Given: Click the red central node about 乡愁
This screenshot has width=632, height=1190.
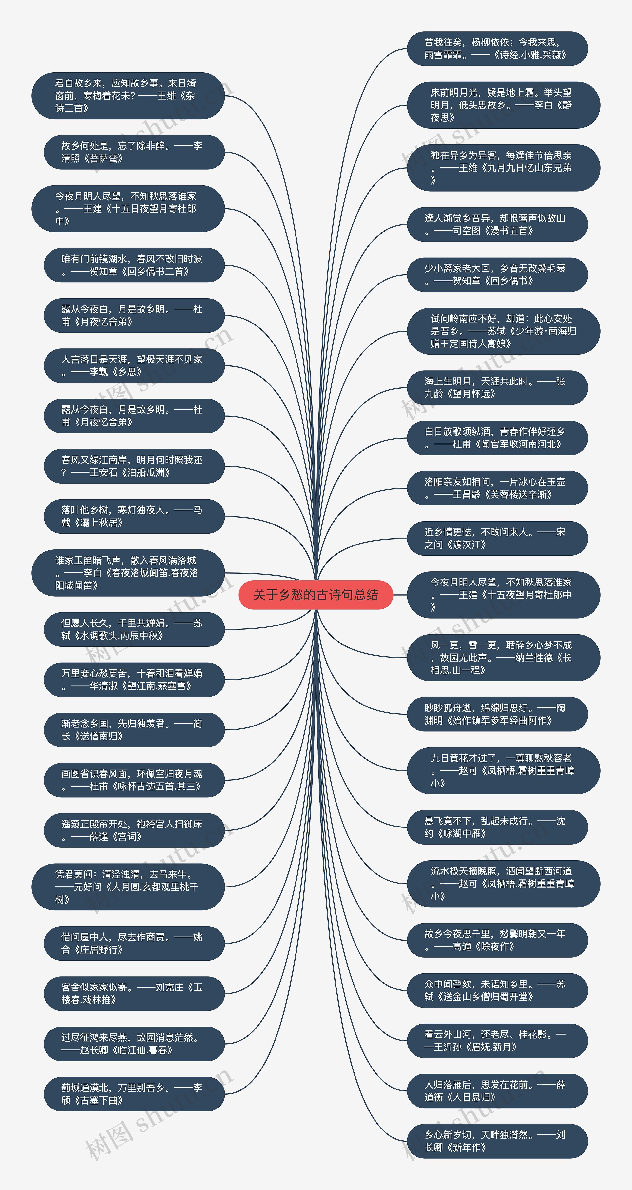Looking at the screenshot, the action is coord(316,595).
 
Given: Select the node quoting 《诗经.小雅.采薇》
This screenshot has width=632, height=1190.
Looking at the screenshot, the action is coord(497,48).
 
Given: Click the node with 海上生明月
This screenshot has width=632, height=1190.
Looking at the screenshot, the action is coord(497,388).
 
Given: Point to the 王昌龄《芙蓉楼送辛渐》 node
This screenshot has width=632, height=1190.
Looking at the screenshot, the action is coord(497,488).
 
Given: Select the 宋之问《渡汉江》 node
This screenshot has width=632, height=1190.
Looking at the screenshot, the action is coord(497,538).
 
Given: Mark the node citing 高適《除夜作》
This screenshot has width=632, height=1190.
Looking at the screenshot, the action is coord(497,940).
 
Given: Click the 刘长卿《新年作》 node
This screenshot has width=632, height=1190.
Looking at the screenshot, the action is coord(497,1141).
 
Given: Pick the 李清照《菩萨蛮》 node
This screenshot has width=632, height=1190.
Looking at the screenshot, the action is coord(134,152).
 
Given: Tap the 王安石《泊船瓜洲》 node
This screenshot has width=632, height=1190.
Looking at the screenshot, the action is coord(134,466).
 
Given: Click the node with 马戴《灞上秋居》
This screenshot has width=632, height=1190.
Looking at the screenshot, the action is coord(134,516).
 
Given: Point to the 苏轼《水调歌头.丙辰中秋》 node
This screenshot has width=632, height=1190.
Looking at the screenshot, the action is coord(134,629).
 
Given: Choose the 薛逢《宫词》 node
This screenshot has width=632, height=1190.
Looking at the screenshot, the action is coord(134,830).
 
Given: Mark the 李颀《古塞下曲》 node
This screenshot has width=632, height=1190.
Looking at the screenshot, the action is coord(134,1094).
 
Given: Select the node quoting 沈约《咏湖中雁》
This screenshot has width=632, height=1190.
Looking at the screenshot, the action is coord(497,827).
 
